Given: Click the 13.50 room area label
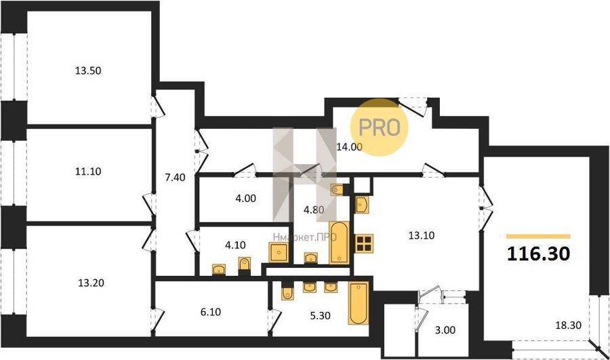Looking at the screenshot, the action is [88, 71].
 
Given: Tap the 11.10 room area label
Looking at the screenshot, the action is [88, 172].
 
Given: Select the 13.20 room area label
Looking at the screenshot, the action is [91, 283].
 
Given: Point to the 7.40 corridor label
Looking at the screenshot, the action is [175, 178].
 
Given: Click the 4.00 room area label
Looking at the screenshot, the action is [246, 199].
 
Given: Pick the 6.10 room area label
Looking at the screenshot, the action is [211, 312].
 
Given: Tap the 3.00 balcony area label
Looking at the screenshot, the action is [445, 330].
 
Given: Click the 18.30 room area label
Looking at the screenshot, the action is [569, 325].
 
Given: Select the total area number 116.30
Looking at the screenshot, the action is [539, 254].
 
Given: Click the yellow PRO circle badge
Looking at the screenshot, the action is [380, 127].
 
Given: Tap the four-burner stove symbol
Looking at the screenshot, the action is [364, 243].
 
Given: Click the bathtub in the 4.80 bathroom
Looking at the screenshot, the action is [340, 243].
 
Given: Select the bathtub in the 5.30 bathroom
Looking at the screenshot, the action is [359, 303].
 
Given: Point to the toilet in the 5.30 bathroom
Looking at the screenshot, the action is [287, 292].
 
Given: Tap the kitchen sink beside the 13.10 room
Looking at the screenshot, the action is [362, 205].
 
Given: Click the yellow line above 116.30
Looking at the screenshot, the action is [538, 236].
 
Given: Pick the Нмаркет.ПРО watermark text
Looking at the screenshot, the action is [304, 237].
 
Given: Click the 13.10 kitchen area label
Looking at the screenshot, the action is [422, 235].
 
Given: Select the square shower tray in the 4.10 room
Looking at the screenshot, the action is [279, 252].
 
